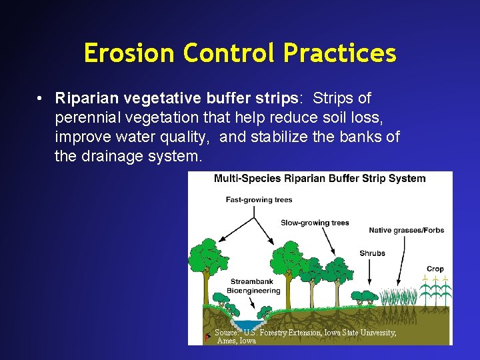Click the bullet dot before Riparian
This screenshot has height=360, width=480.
pyautogui.click(x=41, y=99)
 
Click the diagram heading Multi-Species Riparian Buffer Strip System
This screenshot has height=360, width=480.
pyautogui.click(x=319, y=179)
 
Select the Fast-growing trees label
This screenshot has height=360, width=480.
pyautogui.click(x=259, y=199)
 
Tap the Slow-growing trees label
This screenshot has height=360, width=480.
pyautogui.click(x=315, y=223)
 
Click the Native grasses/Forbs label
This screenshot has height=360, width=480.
pyautogui.click(x=406, y=231)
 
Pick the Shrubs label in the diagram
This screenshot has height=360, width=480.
pyautogui.click(x=372, y=253)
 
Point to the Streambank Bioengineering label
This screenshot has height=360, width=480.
pyautogui.click(x=255, y=286)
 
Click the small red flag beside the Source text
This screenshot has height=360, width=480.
pyautogui.click(x=209, y=336)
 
